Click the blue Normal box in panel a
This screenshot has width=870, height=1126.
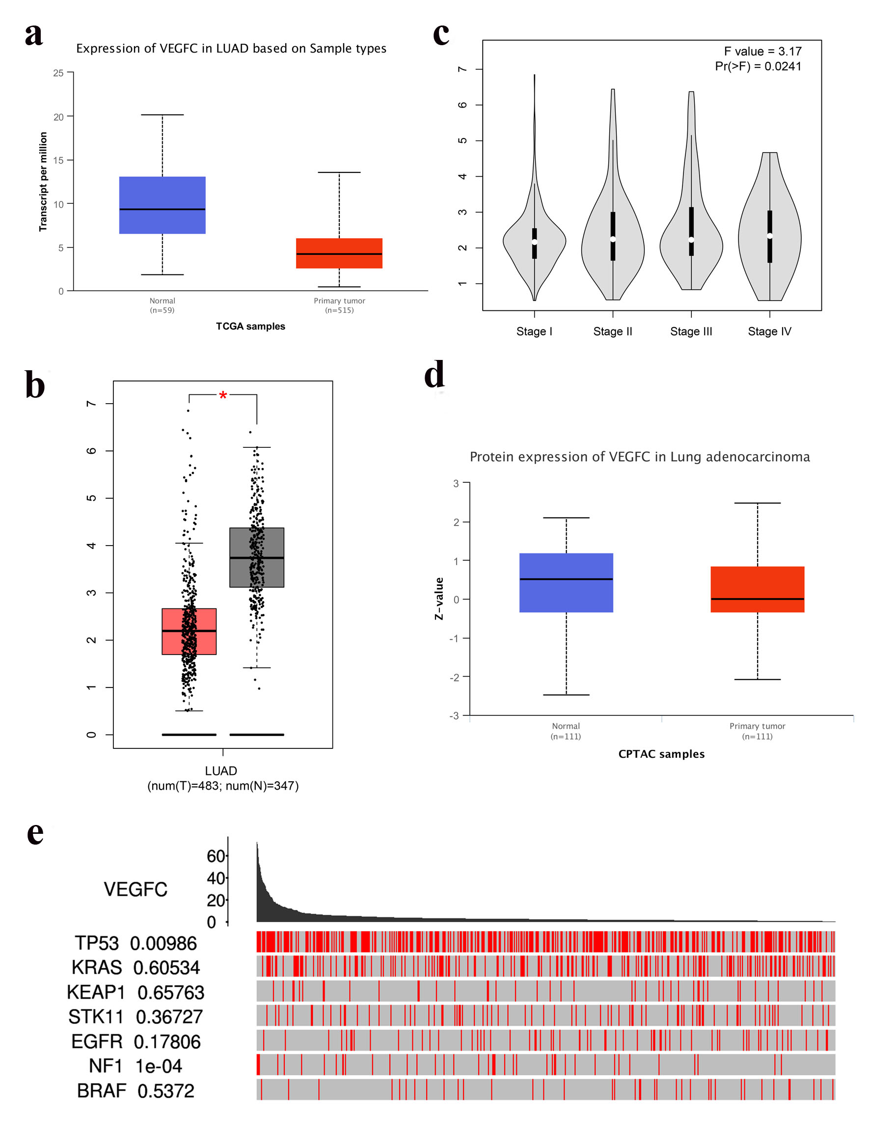point(163,205)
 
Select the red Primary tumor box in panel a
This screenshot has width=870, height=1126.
point(339,253)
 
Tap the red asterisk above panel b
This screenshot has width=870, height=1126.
point(222,396)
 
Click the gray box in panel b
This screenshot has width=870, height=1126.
point(257,557)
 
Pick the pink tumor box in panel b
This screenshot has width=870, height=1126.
point(189,631)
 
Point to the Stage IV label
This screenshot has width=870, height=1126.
point(769,331)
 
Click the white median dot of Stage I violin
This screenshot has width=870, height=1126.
point(535,242)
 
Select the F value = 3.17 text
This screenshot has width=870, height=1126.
point(762,52)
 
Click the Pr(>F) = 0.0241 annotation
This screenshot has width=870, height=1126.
point(758,66)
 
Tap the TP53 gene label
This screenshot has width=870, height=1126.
point(97,943)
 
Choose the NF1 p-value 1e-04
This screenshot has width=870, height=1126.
point(159,1066)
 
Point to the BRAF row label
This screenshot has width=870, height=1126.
point(102,1091)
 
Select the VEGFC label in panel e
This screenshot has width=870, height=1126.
point(136,889)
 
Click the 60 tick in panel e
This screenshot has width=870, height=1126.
point(216,856)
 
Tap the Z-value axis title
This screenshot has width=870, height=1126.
point(439,598)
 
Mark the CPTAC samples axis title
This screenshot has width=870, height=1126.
point(661,754)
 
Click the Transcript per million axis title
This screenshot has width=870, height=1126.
point(43,182)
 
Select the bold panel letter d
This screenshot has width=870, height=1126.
point(434,374)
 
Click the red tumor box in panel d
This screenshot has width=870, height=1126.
point(757,589)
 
